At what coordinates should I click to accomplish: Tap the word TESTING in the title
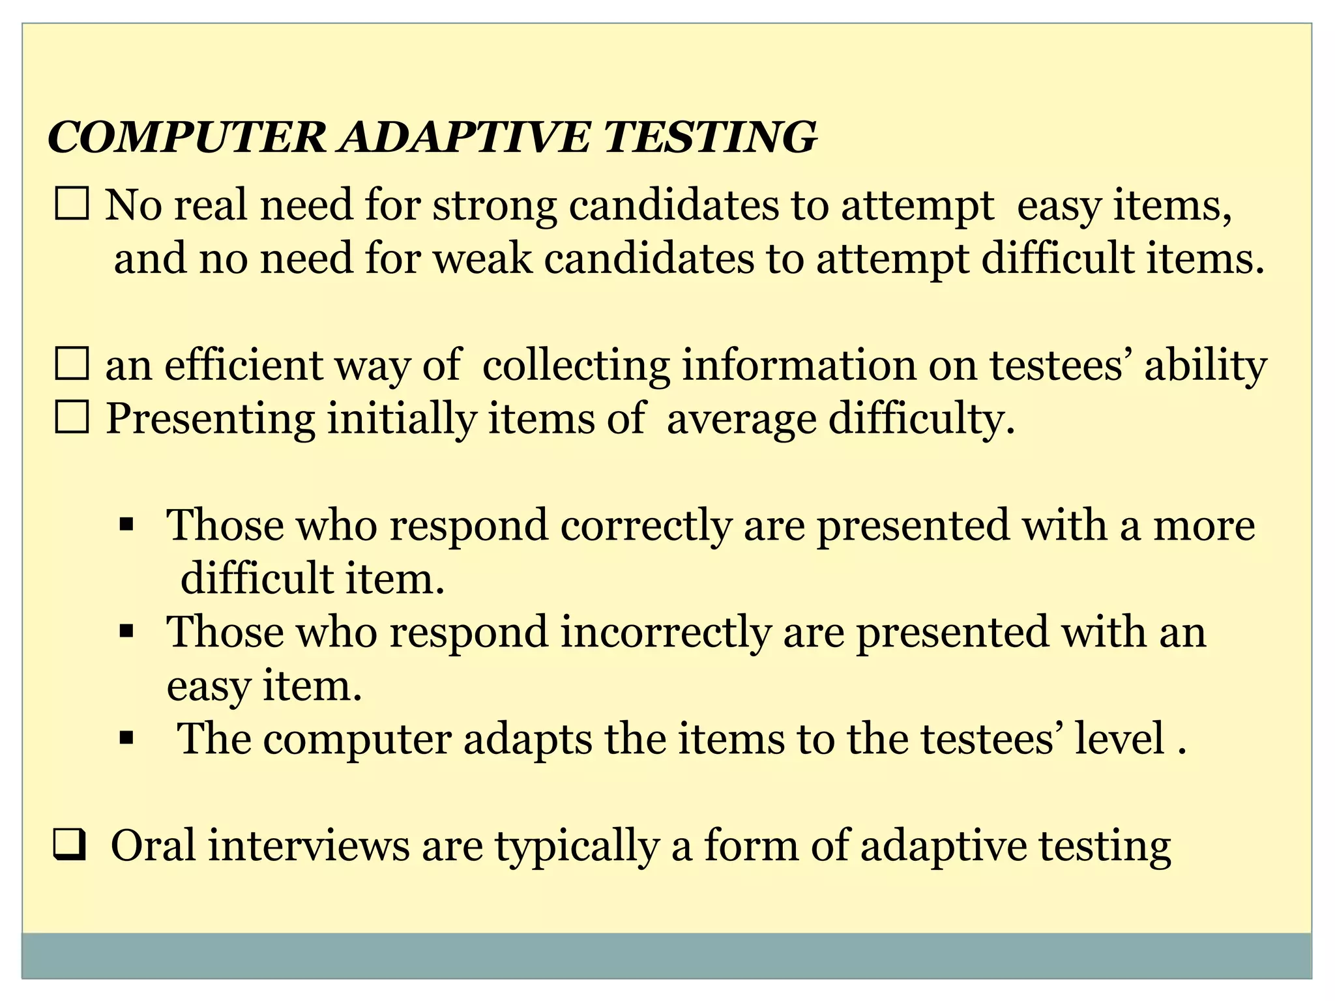click(711, 138)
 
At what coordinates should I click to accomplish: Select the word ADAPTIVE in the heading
click(463, 138)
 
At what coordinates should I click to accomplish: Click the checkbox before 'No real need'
click(72, 204)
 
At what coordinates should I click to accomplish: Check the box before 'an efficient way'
click(72, 364)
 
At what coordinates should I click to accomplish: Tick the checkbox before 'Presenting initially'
click(72, 418)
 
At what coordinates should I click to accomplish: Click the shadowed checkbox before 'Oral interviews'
click(70, 847)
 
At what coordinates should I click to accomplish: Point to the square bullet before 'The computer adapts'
click(126, 738)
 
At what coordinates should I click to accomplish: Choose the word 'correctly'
click(645, 525)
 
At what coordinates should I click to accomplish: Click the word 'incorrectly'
click(666, 632)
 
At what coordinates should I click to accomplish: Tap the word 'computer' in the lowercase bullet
click(357, 739)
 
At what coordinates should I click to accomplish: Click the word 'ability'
click(1205, 366)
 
